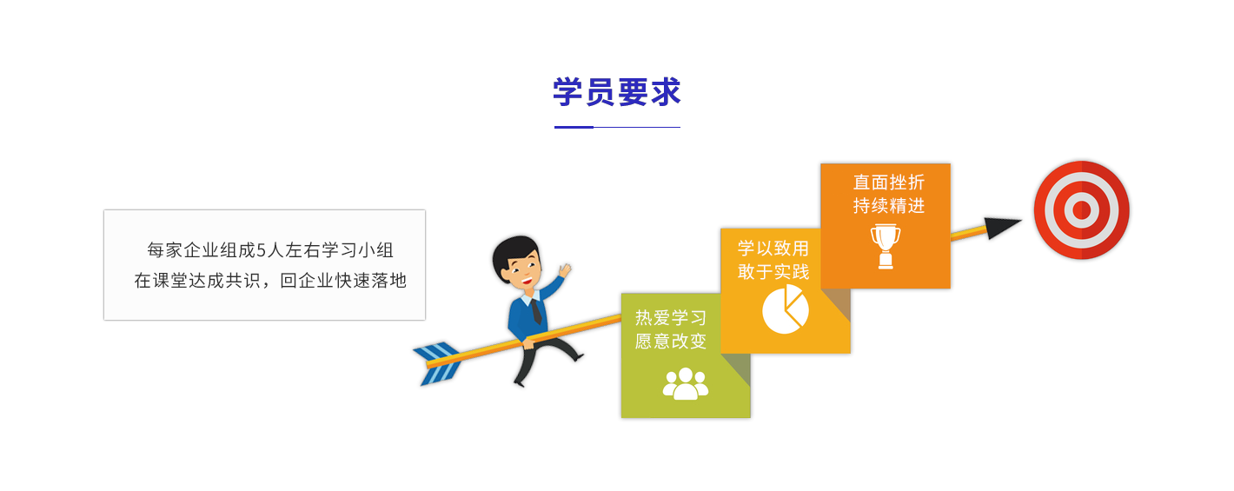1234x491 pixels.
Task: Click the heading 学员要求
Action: point(617,91)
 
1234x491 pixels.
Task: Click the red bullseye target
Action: point(1081,210)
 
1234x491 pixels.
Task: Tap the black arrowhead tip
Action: point(1021,221)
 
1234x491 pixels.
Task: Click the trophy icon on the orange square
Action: point(886,246)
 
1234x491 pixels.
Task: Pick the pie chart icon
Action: point(786,309)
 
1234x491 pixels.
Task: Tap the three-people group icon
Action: point(686,383)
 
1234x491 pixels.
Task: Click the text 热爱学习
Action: point(670,318)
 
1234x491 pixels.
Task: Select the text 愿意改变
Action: point(670,342)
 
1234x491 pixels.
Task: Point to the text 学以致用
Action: point(773,249)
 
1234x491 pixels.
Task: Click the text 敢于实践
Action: point(773,272)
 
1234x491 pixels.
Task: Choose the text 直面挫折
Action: point(889,182)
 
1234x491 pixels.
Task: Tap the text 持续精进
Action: point(889,206)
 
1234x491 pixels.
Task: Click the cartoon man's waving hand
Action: point(565,270)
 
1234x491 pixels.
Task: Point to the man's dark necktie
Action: point(536,312)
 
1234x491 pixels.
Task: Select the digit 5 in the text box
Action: point(262,251)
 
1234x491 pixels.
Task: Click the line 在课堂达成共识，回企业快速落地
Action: point(270,281)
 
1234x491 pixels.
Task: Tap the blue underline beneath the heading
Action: point(617,127)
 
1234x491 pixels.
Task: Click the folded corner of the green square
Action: point(738,368)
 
